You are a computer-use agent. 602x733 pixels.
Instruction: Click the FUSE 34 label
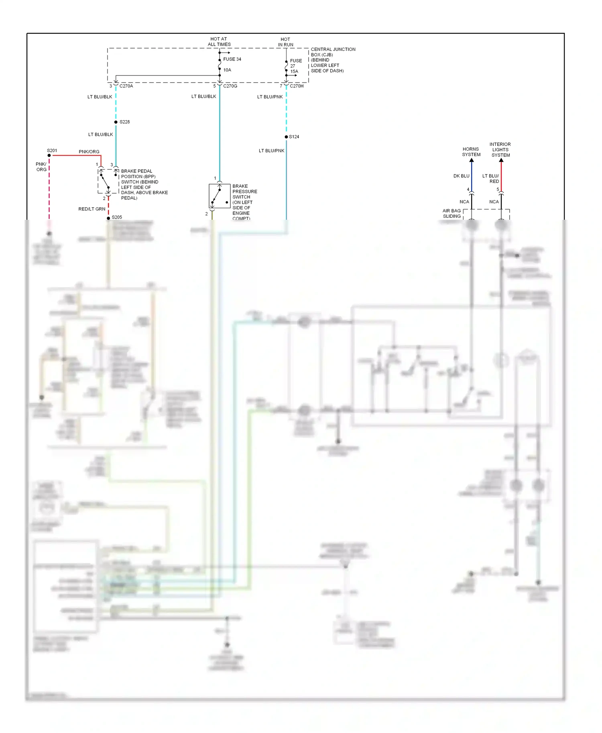point(232,59)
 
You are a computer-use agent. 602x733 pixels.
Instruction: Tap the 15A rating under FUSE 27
point(294,72)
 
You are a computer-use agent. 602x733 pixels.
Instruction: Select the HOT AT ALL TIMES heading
point(219,42)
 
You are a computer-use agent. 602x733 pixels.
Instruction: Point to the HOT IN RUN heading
point(285,42)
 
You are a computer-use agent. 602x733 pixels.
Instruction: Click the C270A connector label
point(126,86)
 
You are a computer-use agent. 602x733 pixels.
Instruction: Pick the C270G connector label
point(230,86)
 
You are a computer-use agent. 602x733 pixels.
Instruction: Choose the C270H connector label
point(297,86)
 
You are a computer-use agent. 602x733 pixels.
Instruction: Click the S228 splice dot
point(116,122)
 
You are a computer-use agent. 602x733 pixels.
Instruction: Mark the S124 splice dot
point(286,137)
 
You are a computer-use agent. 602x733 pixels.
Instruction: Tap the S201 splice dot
point(49,156)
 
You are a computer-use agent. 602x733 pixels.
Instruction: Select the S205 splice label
point(117,217)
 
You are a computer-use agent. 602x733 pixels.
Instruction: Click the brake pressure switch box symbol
point(220,196)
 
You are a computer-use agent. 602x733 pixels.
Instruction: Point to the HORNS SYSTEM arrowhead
point(472,160)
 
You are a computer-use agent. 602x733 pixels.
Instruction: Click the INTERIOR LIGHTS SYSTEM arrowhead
point(501,160)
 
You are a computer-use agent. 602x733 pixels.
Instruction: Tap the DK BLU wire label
point(461,176)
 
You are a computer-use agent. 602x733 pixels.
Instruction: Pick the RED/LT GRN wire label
point(92,209)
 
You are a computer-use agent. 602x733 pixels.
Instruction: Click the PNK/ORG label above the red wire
point(89,152)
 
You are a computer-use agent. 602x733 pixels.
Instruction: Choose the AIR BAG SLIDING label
point(451,213)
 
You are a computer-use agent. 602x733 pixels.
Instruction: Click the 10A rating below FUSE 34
point(227,70)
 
